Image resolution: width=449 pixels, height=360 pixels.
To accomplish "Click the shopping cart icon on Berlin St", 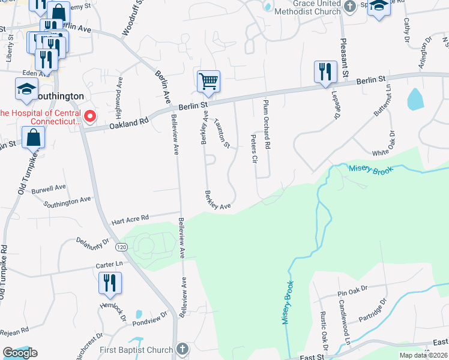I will click(208, 80).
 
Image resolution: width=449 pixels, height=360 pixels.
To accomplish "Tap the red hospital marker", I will click(90, 116).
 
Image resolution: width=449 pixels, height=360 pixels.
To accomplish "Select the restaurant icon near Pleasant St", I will click(325, 71).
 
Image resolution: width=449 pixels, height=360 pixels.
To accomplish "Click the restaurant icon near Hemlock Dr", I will click(110, 283).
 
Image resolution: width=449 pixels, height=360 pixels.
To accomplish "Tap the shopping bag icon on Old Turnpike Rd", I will click(34, 137).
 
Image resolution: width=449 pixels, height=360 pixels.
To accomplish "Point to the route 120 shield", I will click(121, 247).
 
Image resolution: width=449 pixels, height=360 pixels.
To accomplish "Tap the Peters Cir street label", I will click(253, 149).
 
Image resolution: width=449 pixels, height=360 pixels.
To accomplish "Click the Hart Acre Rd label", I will click(137, 218).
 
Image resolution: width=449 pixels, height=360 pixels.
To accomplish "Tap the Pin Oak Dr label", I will click(354, 292).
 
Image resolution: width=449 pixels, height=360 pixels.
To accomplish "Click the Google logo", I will click(20, 353).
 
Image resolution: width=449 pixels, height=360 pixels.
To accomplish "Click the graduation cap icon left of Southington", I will click(26, 90).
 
